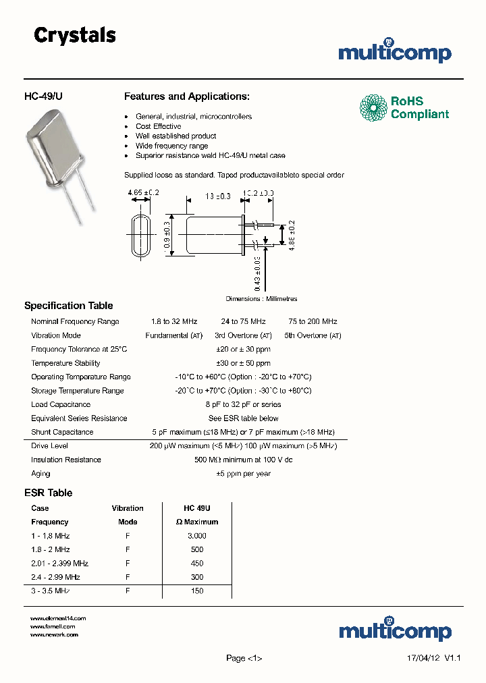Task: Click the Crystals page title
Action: [75, 36]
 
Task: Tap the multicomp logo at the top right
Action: [395, 52]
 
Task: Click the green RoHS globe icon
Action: [373, 108]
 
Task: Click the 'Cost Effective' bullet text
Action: [158, 126]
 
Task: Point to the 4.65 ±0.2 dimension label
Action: [143, 192]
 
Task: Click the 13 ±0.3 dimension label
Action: [217, 196]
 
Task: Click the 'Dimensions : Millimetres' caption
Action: [261, 298]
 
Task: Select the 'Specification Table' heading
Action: [69, 306]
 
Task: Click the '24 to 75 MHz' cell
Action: [243, 322]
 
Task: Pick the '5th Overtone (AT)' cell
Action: [313, 335]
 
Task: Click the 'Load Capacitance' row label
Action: [61, 404]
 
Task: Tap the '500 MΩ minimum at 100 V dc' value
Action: [243, 460]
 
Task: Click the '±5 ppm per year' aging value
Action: [243, 474]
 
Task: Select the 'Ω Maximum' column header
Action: [197, 522]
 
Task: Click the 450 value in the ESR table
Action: [197, 564]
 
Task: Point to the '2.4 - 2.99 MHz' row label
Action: [55, 577]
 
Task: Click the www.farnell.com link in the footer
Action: [53, 626]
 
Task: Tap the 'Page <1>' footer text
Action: [244, 658]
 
